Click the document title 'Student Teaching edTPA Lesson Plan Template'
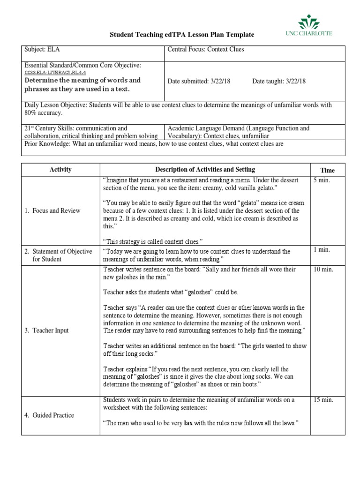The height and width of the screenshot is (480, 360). click(x=182, y=35)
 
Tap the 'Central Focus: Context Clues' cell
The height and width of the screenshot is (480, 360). click(x=206, y=50)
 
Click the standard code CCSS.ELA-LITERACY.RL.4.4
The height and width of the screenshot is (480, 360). click(x=55, y=73)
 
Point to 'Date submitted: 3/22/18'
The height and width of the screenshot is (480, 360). click(x=202, y=81)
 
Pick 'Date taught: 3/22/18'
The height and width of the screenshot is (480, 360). click(x=279, y=81)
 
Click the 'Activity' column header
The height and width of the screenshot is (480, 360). click(x=60, y=170)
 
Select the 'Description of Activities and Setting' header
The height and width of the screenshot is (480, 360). click(x=205, y=170)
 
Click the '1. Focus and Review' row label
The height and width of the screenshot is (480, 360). click(x=52, y=210)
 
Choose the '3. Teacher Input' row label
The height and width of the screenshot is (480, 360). click(x=46, y=330)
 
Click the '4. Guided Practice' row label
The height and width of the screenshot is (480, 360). click(x=49, y=415)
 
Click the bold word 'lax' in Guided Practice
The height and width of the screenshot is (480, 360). click(x=188, y=423)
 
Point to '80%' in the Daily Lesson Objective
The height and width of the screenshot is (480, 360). click(x=31, y=113)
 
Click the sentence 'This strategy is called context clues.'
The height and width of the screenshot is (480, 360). click(x=152, y=241)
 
